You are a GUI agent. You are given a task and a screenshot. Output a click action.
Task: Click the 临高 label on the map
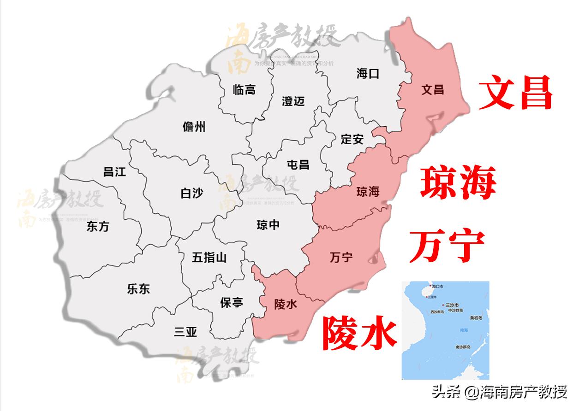244,90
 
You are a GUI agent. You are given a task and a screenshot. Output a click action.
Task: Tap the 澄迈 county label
293,101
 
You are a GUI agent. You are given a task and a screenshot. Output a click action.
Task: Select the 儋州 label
194,127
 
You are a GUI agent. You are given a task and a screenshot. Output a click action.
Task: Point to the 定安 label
352,139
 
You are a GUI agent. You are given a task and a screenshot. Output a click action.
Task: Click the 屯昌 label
298,164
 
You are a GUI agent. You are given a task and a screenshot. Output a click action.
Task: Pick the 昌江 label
114,172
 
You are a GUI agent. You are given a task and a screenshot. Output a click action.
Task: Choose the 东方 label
98,226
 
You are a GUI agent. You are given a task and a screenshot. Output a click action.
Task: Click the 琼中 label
268,225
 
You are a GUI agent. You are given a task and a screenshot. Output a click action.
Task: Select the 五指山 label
209,258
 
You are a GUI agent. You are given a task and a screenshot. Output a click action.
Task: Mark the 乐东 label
138,289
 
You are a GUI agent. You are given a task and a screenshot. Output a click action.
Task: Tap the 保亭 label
231,303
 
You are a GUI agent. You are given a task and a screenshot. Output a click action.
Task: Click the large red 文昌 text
515,93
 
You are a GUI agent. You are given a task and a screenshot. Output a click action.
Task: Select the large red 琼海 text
459,183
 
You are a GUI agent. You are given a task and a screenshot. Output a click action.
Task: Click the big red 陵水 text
359,332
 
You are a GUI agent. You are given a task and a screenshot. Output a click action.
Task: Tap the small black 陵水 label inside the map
286,304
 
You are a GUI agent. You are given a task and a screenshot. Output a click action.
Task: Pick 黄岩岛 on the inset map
476,317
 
